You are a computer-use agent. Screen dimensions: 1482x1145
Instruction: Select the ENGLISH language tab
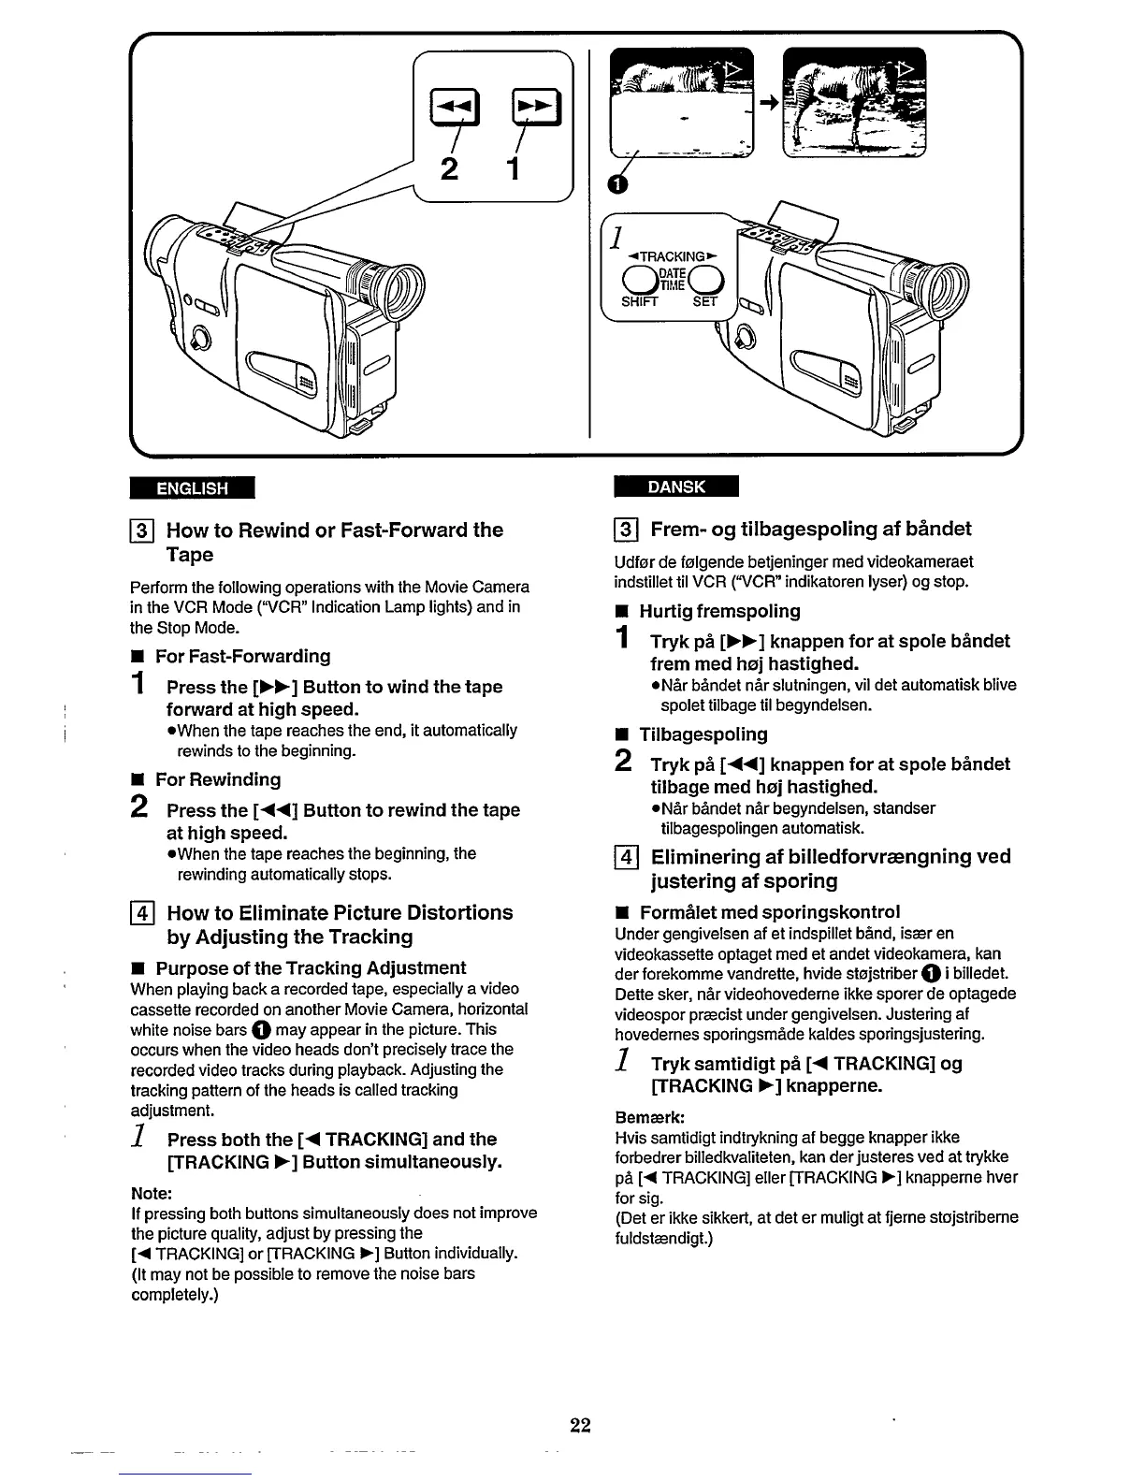[x=193, y=487]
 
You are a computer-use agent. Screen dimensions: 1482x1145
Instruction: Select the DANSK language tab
[x=676, y=487]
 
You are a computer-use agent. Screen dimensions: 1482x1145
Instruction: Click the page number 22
[x=580, y=1426]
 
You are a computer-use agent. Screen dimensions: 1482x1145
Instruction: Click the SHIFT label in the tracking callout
[x=640, y=301]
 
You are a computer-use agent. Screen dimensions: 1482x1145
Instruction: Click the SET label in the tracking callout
[x=703, y=301]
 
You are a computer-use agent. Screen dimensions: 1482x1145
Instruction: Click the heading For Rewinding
[x=217, y=779]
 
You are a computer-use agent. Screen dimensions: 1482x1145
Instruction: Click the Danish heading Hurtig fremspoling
[x=719, y=611]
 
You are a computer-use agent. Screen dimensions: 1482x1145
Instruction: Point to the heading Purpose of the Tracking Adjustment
[x=311, y=967]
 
